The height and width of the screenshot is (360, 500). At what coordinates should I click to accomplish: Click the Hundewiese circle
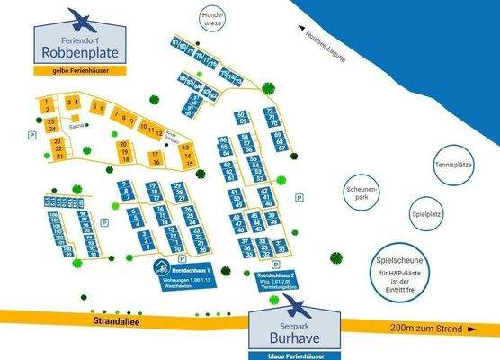213,20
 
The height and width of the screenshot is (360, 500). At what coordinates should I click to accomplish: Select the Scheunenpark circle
364,193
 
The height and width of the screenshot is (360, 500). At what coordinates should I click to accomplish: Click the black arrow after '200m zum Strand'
471,330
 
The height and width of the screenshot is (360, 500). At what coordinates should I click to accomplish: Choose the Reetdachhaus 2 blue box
275,279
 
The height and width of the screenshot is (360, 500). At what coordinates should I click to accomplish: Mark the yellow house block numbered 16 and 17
156,158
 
